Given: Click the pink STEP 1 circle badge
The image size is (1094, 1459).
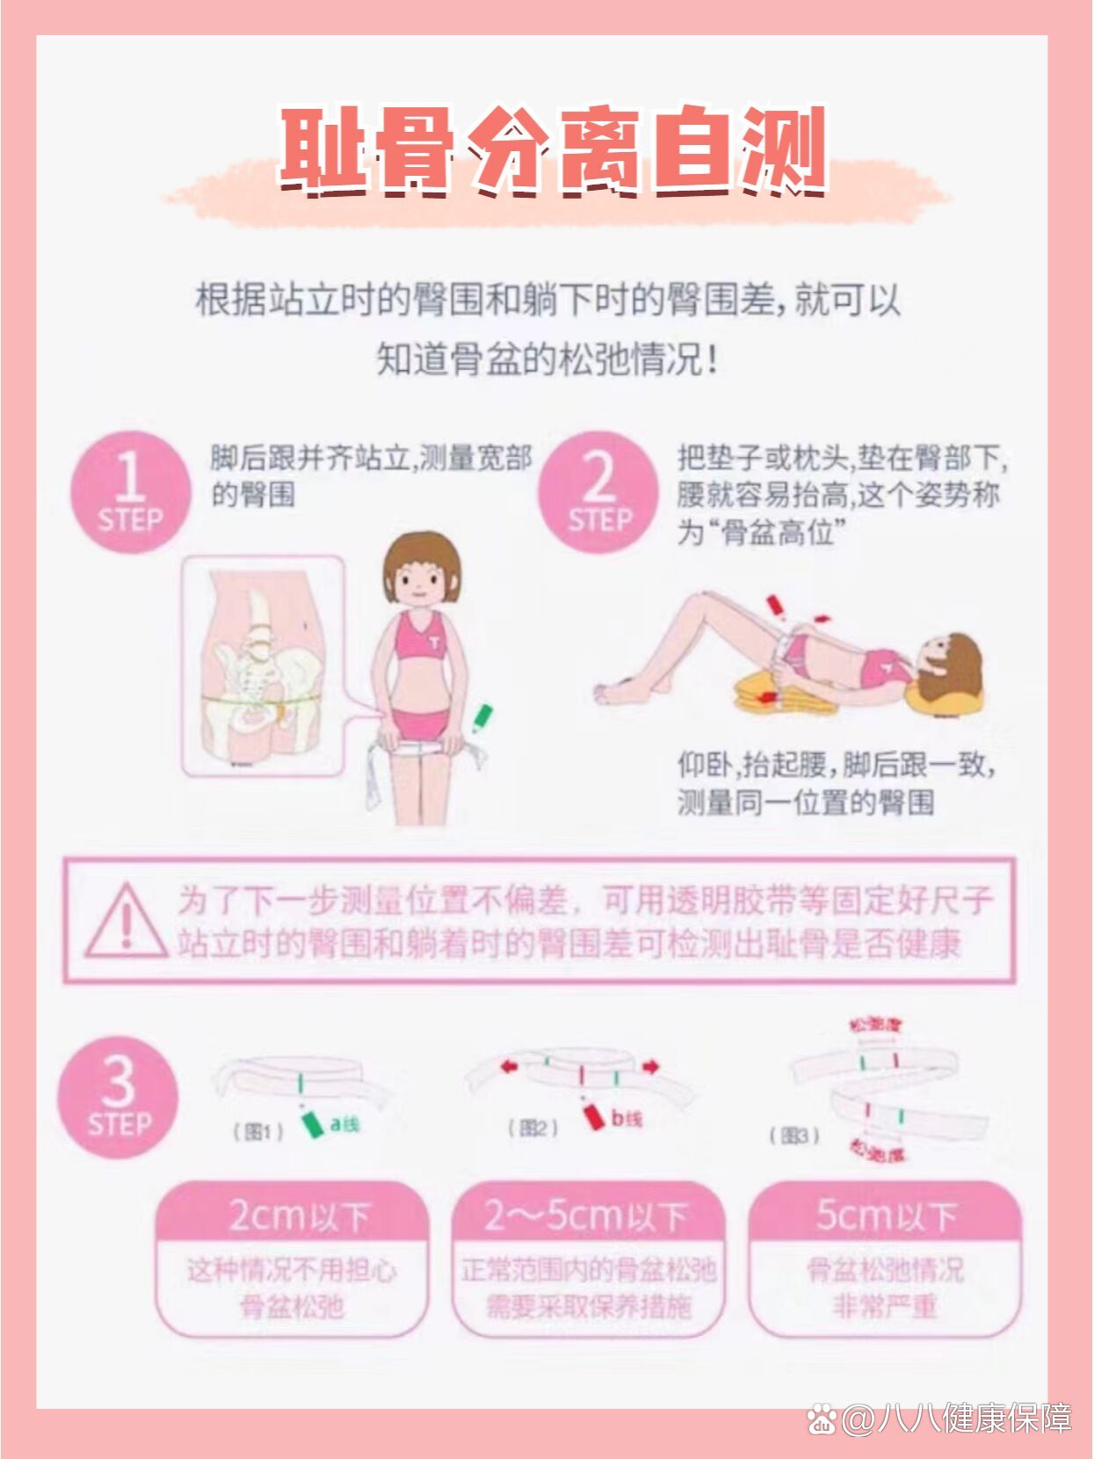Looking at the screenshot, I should [130, 491].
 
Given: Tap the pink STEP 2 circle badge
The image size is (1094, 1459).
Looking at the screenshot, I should [599, 491].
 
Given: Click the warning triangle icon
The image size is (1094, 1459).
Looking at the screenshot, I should [126, 920].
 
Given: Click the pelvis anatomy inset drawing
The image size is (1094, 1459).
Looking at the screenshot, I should [262, 666].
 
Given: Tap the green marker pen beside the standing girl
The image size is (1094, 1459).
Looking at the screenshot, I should [482, 717].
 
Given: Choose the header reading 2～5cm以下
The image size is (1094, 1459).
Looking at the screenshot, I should [587, 1216].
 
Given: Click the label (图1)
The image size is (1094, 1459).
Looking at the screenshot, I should [257, 1131].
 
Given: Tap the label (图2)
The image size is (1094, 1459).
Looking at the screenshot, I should [533, 1127].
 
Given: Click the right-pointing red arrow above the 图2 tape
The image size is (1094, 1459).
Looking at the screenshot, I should [650, 1067].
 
